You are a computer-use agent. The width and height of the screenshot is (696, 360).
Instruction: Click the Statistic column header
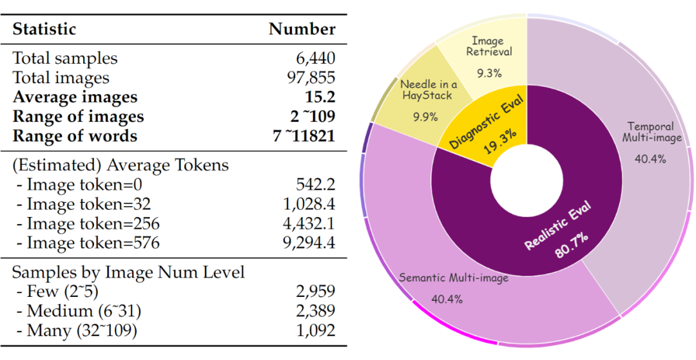44,29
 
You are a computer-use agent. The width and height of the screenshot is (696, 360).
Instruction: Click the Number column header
302,29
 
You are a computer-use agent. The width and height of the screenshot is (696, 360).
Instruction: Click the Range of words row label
75,136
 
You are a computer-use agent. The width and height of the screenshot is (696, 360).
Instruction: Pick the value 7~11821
304,136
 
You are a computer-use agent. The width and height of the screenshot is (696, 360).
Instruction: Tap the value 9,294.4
311,243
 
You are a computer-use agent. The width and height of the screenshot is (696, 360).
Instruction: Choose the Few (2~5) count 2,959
316,292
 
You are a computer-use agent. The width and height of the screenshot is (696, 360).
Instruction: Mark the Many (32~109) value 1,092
316,331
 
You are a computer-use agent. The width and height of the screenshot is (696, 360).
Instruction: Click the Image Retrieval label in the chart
488,46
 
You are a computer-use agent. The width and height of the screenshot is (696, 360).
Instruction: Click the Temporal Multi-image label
650,133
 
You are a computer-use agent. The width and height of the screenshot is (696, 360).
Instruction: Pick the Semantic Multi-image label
453,278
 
